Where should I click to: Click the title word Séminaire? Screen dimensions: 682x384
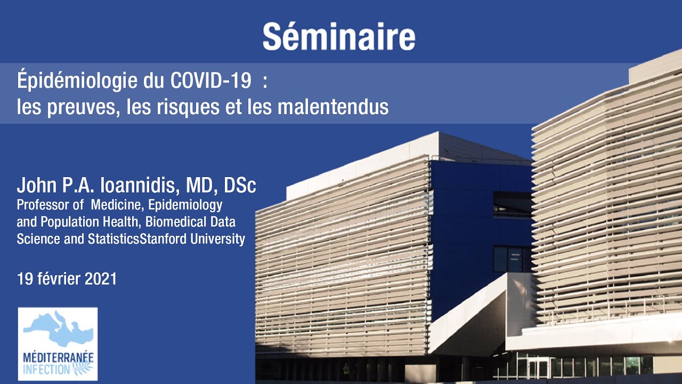pyautogui.click(x=339, y=36)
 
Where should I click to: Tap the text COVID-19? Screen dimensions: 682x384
pyautogui.click(x=210, y=81)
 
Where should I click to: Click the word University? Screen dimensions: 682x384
pyautogui.click(x=217, y=239)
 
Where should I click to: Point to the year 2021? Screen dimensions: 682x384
pyautogui.click(x=101, y=279)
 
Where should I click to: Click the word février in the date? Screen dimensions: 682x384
pyautogui.click(x=59, y=278)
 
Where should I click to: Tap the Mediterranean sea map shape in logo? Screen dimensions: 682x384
pyautogui.click(x=58, y=330)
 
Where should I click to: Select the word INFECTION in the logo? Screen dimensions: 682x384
pyautogui.click(x=46, y=370)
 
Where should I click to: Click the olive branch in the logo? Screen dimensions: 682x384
pyautogui.click(x=82, y=368)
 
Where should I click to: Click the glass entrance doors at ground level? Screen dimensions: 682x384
pyautogui.click(x=538, y=368)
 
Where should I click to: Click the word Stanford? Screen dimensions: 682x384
pyautogui.click(x=163, y=238)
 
